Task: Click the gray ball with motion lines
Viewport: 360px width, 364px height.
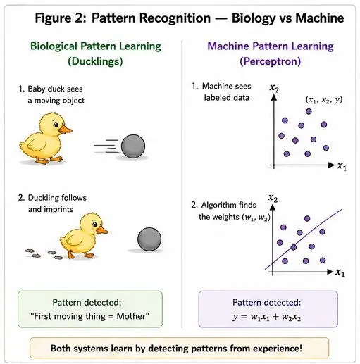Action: (x=133, y=146)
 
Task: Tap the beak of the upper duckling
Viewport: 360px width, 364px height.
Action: (x=65, y=129)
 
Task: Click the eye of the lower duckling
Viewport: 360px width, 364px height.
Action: (x=94, y=225)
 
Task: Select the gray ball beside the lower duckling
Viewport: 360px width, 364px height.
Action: (x=149, y=239)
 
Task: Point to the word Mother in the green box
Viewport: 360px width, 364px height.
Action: (x=131, y=316)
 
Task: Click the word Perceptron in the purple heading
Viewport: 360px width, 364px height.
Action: (x=271, y=61)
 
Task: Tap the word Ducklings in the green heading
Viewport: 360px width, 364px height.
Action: (x=95, y=61)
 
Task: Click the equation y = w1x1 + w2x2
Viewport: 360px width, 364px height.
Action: (x=266, y=317)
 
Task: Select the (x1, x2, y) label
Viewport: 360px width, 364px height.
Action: (x=324, y=100)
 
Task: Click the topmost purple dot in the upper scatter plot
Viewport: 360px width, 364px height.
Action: (x=309, y=111)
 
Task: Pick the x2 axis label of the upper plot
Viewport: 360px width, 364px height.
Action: (x=274, y=88)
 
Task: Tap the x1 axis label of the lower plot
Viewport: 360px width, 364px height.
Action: (x=340, y=272)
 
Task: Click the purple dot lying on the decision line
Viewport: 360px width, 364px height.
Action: (x=294, y=247)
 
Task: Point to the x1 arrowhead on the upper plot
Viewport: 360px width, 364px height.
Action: (x=331, y=165)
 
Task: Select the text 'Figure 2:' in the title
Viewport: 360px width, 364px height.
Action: (x=61, y=18)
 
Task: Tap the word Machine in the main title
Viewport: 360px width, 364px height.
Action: (x=320, y=18)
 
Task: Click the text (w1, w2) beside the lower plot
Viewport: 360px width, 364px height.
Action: (x=256, y=217)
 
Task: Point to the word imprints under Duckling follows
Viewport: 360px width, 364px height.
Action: (x=58, y=209)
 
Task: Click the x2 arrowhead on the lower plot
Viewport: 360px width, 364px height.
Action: (x=273, y=207)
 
